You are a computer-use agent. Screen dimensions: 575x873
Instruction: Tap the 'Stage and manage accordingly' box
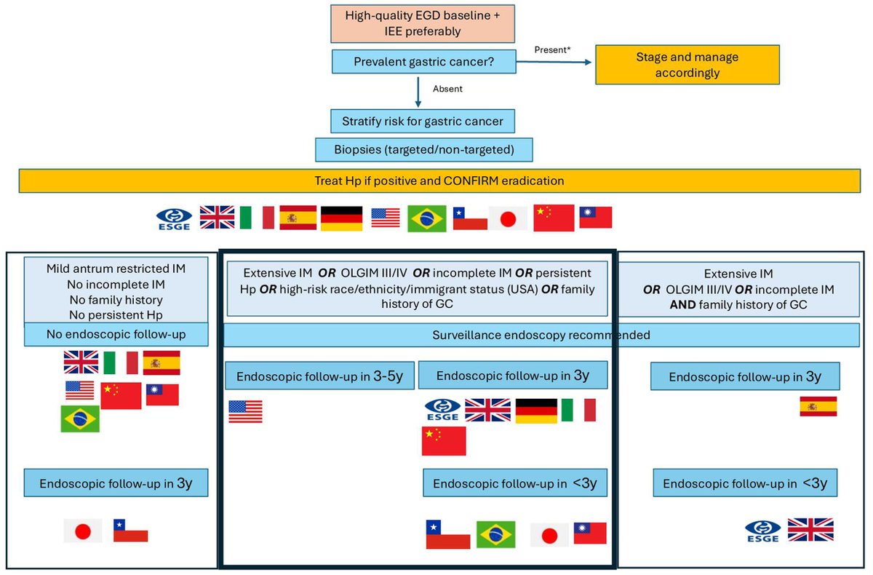pos(677,64)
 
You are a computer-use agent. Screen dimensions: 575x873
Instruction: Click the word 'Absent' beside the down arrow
pos(447,90)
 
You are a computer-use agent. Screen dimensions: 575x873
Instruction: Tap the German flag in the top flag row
pos(342,218)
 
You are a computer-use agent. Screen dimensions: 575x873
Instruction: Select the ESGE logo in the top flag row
pos(175,218)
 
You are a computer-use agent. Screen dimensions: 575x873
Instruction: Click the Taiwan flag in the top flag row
pos(595,217)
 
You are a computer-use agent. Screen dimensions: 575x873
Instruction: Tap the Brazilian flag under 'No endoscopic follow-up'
pos(80,419)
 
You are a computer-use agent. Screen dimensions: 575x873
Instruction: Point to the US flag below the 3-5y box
pos(245,411)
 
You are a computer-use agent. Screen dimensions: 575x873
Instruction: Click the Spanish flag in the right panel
pos(818,406)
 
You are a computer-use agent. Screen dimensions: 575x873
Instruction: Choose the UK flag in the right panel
pos(810,529)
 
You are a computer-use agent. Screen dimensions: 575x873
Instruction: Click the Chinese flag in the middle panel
pos(444,441)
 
